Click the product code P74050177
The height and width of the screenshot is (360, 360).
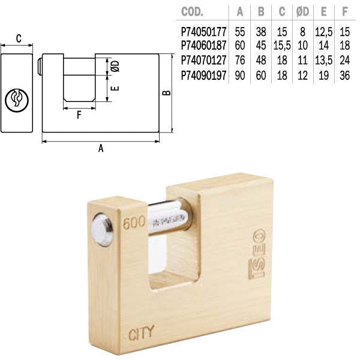(202, 28)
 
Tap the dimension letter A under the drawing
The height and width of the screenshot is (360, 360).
(101, 149)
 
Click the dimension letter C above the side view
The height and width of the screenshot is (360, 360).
(18, 40)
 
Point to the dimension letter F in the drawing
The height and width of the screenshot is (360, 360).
(79, 115)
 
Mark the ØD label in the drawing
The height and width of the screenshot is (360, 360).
(116, 65)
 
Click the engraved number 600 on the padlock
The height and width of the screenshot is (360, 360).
(133, 224)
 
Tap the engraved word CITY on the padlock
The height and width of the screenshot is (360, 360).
(142, 330)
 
